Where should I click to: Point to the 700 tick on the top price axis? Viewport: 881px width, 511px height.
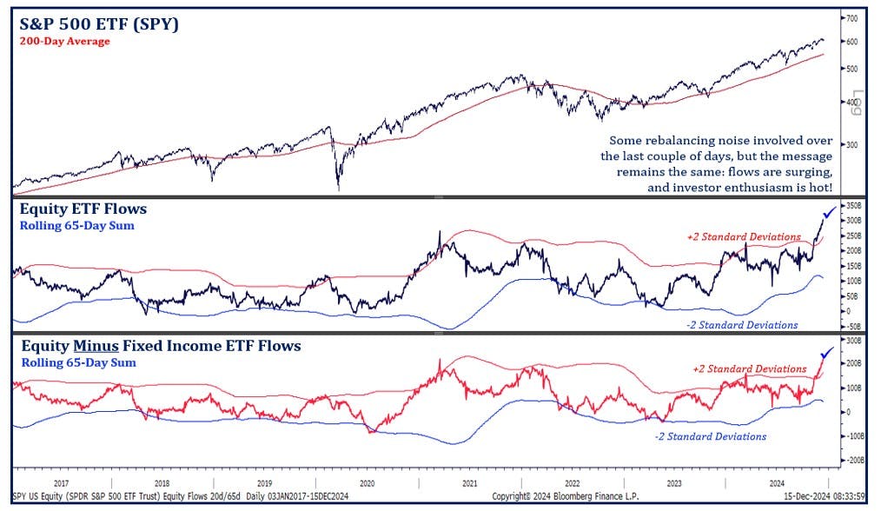click(851, 18)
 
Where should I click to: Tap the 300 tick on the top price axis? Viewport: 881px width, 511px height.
click(851, 144)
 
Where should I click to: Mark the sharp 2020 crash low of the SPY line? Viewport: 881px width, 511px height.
click(338, 188)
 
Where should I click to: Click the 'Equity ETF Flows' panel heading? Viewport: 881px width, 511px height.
click(83, 209)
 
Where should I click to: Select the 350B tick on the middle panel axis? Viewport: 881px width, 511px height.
click(853, 206)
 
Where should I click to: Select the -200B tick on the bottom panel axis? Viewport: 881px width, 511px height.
click(853, 460)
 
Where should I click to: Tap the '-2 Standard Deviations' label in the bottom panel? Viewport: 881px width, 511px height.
click(710, 436)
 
